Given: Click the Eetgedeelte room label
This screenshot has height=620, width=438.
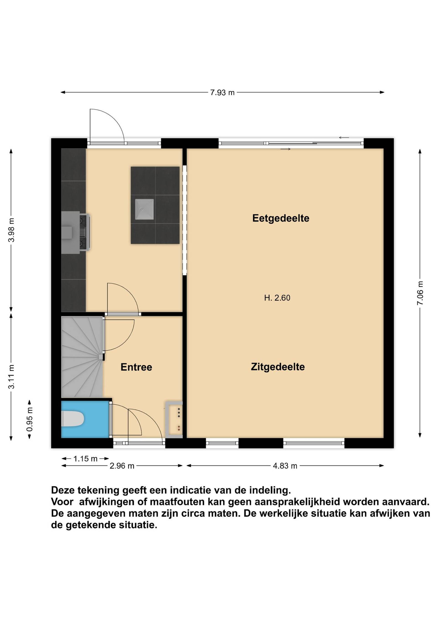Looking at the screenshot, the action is (281, 218).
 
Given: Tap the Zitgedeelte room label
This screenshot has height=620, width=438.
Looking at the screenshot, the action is (278, 367).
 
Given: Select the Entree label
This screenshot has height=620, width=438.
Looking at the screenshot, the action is (136, 367).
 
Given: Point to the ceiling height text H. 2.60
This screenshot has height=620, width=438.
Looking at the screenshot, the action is (277, 298).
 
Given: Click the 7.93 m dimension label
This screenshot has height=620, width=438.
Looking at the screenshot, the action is (222, 93).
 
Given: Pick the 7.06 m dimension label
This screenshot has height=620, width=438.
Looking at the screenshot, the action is (420, 293).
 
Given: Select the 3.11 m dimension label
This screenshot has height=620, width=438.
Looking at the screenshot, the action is (11, 377).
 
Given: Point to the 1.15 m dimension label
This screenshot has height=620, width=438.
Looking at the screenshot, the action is (85, 459).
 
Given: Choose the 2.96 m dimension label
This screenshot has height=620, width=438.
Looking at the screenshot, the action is (122, 466).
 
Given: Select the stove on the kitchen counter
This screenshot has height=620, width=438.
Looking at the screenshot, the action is (84, 232).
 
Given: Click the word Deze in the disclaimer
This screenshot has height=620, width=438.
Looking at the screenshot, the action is (62, 490).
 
